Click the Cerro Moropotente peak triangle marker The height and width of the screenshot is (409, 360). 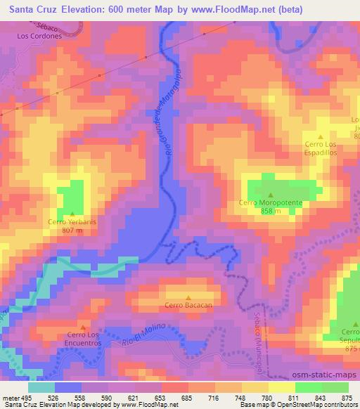[x=271, y=195]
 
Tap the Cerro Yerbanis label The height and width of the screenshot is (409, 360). [x=72, y=221]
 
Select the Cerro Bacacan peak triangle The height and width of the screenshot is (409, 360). [x=188, y=297]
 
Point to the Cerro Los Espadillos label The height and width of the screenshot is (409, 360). [x=322, y=148]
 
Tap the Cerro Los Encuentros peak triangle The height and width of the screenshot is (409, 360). [x=84, y=327]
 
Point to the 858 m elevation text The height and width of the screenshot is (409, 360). [x=271, y=211]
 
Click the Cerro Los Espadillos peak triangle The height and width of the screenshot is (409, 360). [x=321, y=138]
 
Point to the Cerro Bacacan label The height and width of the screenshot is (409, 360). [x=188, y=305]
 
